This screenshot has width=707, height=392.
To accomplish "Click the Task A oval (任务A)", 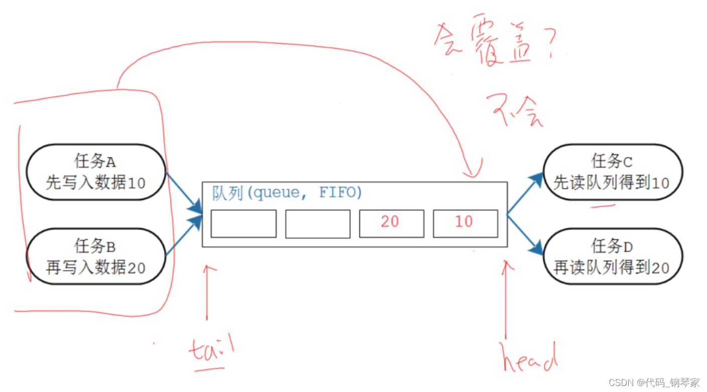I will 95,172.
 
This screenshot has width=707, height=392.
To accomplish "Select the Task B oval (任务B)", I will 95,256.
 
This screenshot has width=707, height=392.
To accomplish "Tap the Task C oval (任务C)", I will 612,172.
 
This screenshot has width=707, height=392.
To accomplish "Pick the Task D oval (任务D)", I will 612,256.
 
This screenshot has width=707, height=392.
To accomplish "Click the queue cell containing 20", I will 391,223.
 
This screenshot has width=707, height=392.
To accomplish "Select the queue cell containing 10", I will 465,223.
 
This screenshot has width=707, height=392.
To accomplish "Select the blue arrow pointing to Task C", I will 524,193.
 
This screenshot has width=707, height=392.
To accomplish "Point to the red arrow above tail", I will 207,291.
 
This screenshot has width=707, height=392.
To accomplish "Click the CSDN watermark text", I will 653,382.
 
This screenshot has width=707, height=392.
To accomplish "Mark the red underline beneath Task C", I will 603,205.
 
